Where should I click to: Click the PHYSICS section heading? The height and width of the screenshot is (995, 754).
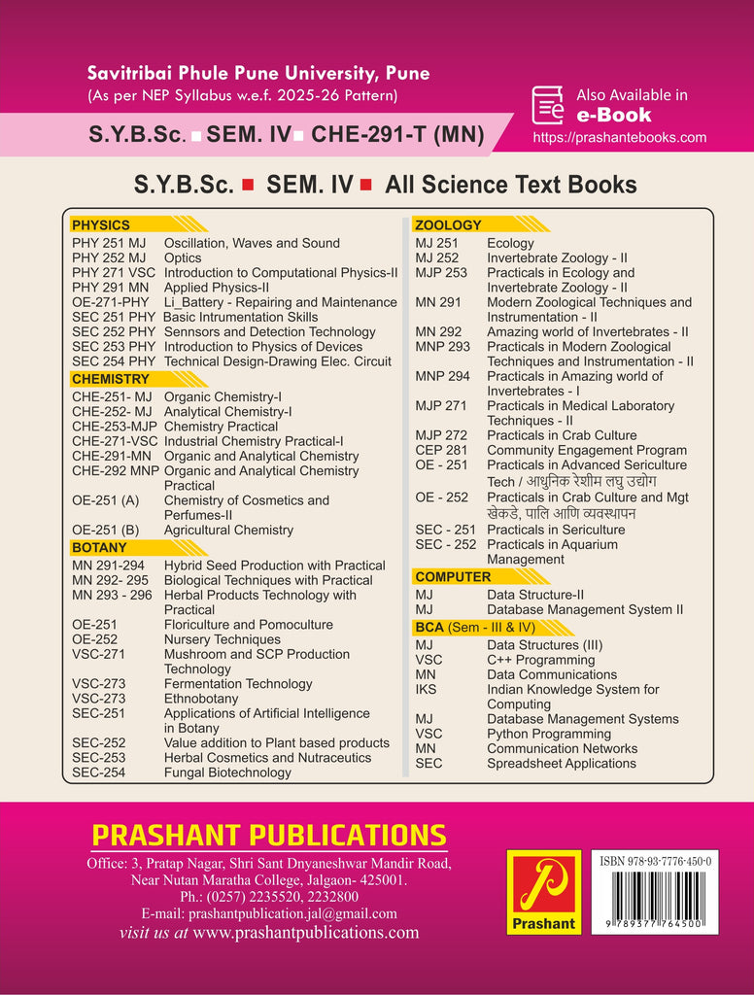101,225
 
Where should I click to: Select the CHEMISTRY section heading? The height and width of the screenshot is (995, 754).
111,379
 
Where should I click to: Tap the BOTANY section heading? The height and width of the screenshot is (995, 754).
99,548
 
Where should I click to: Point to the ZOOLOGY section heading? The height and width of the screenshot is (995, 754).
448,225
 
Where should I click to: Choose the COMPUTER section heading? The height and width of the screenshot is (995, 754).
453,577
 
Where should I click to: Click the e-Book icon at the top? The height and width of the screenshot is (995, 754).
548,105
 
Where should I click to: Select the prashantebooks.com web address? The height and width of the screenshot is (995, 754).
619,138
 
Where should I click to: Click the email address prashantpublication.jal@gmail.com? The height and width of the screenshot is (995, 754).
269,913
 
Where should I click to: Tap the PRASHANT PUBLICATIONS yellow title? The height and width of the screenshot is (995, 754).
268,836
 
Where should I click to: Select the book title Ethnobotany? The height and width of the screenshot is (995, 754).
201,699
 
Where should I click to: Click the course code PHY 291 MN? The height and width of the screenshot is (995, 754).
111,288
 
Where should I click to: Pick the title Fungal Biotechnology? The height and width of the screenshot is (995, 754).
227,772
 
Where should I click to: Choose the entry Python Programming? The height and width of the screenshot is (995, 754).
549,734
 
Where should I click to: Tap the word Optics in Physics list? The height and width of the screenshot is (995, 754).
183,258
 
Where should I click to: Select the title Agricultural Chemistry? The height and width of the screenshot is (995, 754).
228,530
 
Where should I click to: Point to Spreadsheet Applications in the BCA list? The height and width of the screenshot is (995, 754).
562,764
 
